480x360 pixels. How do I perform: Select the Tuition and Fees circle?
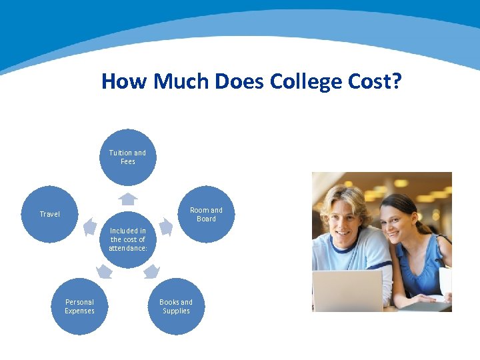[127, 157]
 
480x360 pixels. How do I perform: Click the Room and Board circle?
[206, 214]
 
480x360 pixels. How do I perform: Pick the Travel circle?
[50, 214]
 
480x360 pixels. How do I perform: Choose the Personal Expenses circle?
[79, 307]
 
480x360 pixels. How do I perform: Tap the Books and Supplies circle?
[176, 307]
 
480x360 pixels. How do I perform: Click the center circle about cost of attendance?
[127, 239]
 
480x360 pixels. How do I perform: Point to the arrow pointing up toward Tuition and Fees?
[128, 199]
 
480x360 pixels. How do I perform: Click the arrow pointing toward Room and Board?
[165, 227]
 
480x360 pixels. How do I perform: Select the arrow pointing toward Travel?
[90, 228]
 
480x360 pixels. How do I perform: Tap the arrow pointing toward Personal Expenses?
[103, 271]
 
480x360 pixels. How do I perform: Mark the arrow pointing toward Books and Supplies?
[152, 271]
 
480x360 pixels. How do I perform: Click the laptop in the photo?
[347, 291]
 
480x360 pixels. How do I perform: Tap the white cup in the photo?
[445, 281]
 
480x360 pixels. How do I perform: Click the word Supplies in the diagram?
[176, 311]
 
